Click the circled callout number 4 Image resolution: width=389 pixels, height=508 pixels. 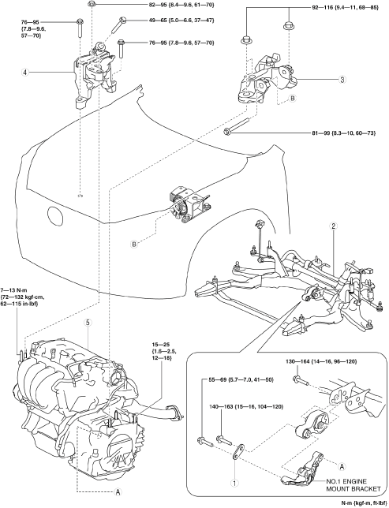pos(24,72)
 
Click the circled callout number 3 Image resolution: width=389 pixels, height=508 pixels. pos(342,80)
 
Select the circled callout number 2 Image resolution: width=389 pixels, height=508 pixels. pos(333,226)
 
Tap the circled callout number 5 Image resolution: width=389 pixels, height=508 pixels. pos(88,323)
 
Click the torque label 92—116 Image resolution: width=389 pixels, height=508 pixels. pos(345,7)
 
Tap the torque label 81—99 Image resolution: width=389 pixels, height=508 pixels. pos(343,133)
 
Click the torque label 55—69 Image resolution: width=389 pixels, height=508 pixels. pos(238,379)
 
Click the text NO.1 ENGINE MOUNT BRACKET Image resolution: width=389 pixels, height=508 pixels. pos(353,485)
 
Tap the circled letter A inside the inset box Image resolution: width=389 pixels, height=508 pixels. pos(341,466)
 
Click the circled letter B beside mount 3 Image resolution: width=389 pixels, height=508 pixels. pos(293,98)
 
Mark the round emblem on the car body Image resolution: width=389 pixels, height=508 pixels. pos(56,215)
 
